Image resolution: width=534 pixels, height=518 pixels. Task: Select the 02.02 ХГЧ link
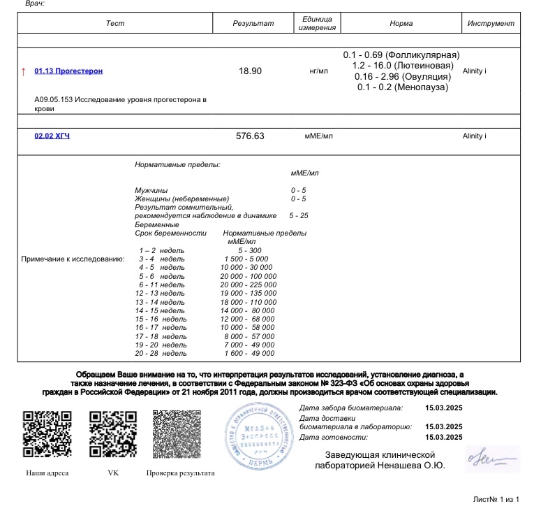coord(52,136)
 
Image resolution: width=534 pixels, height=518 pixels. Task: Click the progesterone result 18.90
coord(250,71)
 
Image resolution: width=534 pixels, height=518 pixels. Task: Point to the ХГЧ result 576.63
coord(250,136)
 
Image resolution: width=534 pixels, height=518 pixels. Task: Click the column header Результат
coord(253,24)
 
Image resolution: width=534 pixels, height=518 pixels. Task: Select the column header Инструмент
coord(490,24)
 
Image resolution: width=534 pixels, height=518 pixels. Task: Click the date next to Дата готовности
coord(443,438)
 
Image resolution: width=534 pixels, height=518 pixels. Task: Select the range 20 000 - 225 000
coord(248,285)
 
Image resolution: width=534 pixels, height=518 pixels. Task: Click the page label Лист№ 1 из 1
coord(496,499)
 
